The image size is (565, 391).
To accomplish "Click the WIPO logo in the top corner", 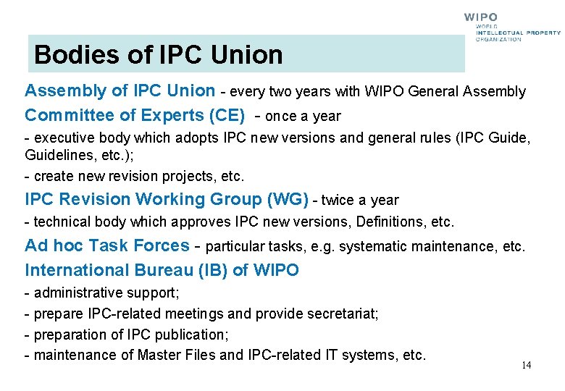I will pyautogui.click(x=511, y=28).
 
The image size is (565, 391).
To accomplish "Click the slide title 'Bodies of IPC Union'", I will pyautogui.click(x=158, y=55).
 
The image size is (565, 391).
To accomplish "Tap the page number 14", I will pyautogui.click(x=526, y=365).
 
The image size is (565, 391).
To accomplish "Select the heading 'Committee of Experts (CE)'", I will pyautogui.click(x=135, y=116).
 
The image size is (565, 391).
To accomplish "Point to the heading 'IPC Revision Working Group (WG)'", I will pyautogui.click(x=167, y=199).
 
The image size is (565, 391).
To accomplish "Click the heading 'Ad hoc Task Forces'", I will pyautogui.click(x=107, y=245).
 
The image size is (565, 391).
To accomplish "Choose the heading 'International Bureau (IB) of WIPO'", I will pyautogui.click(x=162, y=270).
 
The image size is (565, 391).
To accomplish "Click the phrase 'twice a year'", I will pyautogui.click(x=360, y=200).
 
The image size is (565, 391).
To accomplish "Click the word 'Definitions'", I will pyautogui.click(x=393, y=222).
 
